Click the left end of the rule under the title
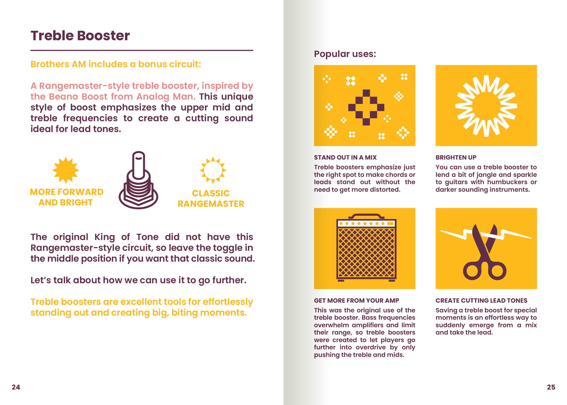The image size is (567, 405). pyautogui.click(x=31, y=50)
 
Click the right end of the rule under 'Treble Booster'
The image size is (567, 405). pyautogui.click(x=253, y=50)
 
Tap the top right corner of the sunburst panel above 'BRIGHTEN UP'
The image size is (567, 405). pyautogui.click(x=537, y=65)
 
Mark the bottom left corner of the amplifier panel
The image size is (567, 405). pyautogui.click(x=314, y=289)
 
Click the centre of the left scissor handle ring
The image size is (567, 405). pyautogui.click(x=473, y=271)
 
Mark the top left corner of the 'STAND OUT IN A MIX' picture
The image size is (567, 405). pyautogui.click(x=314, y=65)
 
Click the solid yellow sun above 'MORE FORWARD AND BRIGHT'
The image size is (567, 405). pyautogui.click(x=66, y=170)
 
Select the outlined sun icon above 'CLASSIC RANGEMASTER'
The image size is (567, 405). pyautogui.click(x=213, y=170)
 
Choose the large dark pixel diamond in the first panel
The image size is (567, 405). pyautogui.click(x=366, y=107)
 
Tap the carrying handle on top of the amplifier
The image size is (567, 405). pyautogui.click(x=366, y=216)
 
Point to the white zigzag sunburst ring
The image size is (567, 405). pyautogui.click(x=486, y=106)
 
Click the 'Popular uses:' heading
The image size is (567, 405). pyautogui.click(x=345, y=54)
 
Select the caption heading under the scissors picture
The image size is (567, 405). pyautogui.click(x=481, y=301)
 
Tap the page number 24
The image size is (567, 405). pyautogui.click(x=16, y=387)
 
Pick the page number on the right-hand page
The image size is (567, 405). pyautogui.click(x=551, y=387)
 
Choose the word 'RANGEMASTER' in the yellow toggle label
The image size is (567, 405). pyautogui.click(x=211, y=204)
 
